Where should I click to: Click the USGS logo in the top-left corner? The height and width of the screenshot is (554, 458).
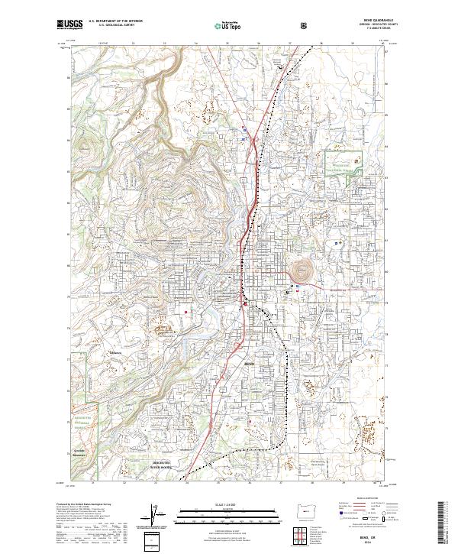[69, 25]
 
